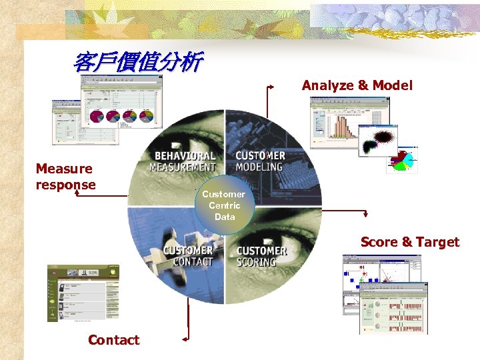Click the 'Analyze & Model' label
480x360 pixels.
[x=357, y=85]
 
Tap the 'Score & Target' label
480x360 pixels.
[x=409, y=242]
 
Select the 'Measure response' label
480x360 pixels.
[x=65, y=177]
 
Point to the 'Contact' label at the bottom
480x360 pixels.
[x=113, y=340]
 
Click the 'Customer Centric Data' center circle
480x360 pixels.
[x=225, y=205]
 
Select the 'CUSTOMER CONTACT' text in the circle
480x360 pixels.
[x=188, y=256]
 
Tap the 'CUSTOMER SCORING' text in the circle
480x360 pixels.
[x=261, y=256]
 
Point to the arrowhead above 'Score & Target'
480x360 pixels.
[x=365, y=215]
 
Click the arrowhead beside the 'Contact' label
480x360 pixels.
[x=186, y=338]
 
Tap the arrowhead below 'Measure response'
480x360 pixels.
[x=77, y=187]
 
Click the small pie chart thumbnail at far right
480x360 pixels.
[x=402, y=160]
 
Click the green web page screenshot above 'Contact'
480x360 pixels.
[x=83, y=293]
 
